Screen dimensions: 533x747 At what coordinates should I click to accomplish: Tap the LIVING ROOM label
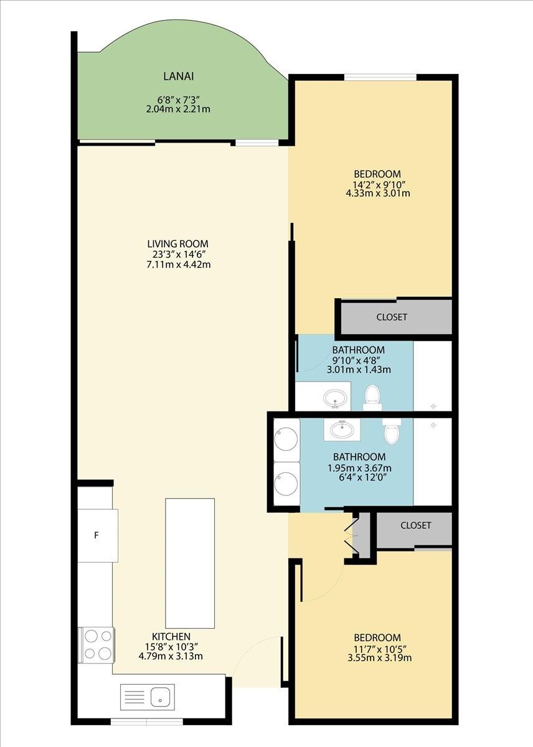[178, 243]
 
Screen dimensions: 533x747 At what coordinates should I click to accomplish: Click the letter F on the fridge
[97, 535]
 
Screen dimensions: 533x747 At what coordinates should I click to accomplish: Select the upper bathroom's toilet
[372, 398]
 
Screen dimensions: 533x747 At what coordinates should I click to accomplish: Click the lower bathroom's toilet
[392, 431]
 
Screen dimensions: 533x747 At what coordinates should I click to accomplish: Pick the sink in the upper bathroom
[335, 398]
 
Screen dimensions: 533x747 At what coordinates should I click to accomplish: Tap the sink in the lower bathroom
[342, 430]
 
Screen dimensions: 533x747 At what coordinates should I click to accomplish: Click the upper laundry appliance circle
[286, 440]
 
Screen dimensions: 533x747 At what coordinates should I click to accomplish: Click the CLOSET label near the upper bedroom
[392, 317]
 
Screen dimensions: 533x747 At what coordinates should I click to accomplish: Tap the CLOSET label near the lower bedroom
[415, 525]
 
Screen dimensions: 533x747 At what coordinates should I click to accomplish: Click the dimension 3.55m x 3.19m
[380, 657]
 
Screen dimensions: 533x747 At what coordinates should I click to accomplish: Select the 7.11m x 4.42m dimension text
[178, 265]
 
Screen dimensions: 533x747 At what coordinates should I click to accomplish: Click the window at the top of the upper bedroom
[380, 77]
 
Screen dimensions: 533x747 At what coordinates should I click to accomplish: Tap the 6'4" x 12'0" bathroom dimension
[362, 477]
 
